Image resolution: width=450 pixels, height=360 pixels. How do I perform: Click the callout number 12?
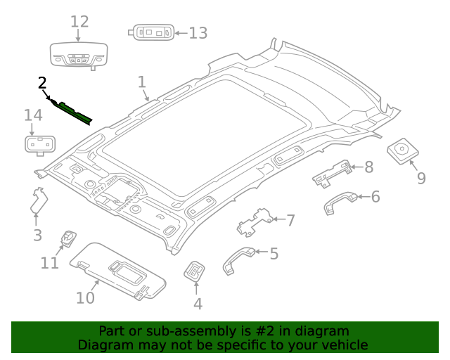(79, 22)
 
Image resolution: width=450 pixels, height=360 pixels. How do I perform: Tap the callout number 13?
(198, 32)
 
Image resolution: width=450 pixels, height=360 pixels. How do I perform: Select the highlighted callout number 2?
(42, 84)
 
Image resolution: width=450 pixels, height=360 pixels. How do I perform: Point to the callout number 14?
(33, 115)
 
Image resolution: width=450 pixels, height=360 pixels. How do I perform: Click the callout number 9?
(421, 178)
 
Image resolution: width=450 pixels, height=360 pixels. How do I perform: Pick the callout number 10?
(85, 298)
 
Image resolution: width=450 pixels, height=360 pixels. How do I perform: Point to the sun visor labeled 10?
(120, 269)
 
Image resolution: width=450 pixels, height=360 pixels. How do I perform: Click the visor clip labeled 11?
(68, 239)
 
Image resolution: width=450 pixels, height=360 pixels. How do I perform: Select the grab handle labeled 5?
(239, 258)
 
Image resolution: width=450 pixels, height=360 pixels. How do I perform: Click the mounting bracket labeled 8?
(332, 173)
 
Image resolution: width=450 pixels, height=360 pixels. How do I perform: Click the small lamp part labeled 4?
(194, 271)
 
